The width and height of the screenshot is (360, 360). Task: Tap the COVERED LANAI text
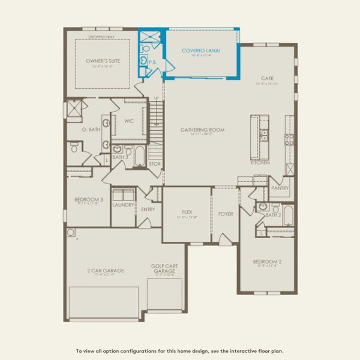click(201, 50)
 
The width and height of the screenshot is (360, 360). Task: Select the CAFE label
click(267, 79)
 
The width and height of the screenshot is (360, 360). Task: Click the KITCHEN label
click(260, 163)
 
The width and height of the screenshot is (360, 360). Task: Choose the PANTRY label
click(280, 188)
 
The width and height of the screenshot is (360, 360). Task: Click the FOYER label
click(226, 214)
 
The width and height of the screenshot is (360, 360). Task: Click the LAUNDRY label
click(124, 204)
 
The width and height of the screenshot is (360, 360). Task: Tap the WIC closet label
click(128, 121)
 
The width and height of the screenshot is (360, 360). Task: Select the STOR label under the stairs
click(155, 163)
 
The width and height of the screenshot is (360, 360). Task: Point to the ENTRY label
click(148, 209)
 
